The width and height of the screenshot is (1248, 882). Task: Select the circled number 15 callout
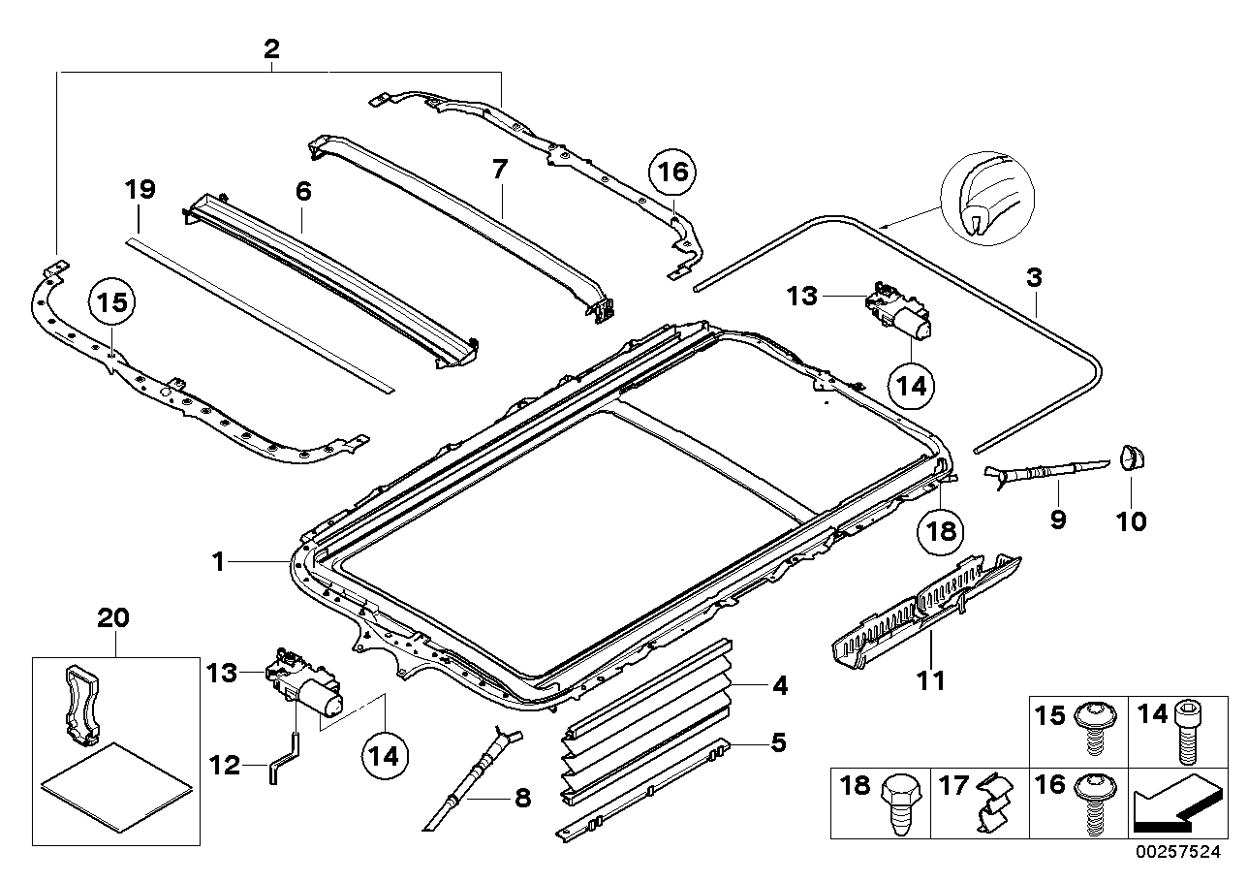point(111,303)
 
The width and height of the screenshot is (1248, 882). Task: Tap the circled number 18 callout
point(942,529)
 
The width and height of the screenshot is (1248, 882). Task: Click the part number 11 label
point(931,681)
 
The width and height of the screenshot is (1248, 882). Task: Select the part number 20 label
point(113,617)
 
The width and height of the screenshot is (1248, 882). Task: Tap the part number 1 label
point(219,561)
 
